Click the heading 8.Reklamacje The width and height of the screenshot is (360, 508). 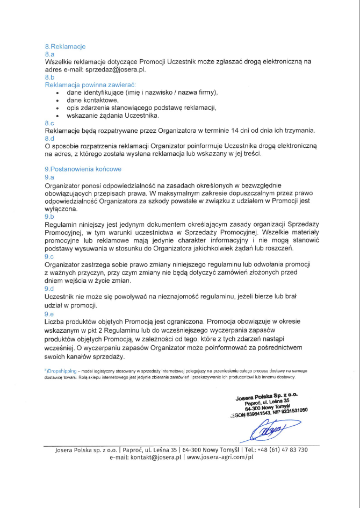pos(65,46)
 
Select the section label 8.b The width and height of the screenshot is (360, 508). pos(50,77)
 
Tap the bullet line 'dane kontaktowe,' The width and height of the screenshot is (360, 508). pos(92,100)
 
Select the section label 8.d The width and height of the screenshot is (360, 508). pos(50,139)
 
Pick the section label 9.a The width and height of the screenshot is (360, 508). pos(50,177)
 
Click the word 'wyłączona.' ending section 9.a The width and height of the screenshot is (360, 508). pos(61,208)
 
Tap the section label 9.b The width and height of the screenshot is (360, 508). pos(50,216)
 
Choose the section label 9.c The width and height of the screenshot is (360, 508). pos(50,256)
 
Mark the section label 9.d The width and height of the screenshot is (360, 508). pos(50,288)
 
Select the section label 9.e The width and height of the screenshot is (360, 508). pos(50,313)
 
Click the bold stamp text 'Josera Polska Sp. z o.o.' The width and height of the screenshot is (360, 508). pos(267,397)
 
